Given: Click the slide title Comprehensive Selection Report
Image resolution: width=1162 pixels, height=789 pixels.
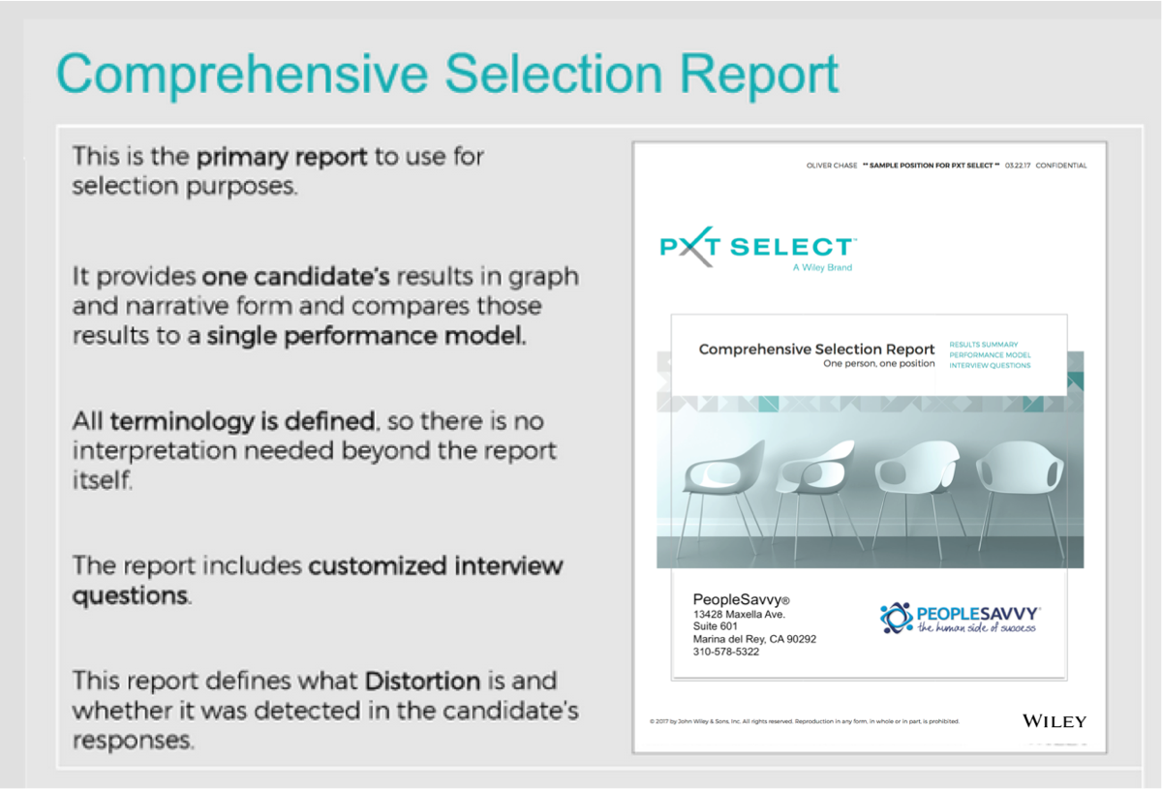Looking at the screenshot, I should coord(447,74).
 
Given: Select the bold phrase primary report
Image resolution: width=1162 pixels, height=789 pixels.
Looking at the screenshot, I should coord(282,156).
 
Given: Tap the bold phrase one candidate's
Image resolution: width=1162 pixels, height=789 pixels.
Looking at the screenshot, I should coord(295,277).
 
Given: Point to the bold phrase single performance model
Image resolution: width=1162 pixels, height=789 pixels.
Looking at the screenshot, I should coord(367,338).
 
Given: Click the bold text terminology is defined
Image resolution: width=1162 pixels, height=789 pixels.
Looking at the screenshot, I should coord(242,421).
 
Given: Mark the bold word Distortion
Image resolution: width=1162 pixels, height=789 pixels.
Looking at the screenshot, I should coord(422,681).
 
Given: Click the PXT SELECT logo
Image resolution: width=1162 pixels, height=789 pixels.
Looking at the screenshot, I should coord(756,247).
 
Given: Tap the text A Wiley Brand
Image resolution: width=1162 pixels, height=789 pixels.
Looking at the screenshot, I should coord(821,268).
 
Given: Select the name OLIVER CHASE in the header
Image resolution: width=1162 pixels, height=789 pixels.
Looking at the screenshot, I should coord(831,166).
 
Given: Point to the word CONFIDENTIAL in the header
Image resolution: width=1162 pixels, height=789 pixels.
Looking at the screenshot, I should coord(1060,166).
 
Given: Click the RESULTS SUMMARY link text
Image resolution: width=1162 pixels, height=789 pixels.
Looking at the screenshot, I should coord(983,345).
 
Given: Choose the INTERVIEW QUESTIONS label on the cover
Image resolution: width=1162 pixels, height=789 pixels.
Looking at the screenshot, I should coord(990,366).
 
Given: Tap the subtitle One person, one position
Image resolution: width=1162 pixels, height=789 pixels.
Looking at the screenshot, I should coord(878,364).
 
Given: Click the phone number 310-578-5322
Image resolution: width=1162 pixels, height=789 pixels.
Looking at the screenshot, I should coord(726,652).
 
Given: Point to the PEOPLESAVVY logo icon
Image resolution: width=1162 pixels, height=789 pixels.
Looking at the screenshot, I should coord(897,618).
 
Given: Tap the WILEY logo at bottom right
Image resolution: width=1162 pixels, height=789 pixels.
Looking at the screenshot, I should coord(1055,721).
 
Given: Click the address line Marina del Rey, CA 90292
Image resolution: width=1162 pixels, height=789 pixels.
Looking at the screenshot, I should coord(754,639).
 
